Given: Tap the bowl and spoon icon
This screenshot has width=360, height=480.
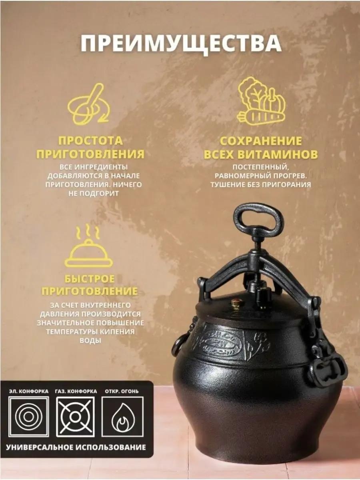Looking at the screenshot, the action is pyautogui.click(x=89, y=104).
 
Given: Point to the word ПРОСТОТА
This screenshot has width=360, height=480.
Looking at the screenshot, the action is pyautogui.click(x=90, y=141).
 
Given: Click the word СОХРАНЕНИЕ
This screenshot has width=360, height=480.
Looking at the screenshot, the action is pyautogui.click(x=260, y=141).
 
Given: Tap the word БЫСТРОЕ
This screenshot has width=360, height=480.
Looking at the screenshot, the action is pyautogui.click(x=90, y=279).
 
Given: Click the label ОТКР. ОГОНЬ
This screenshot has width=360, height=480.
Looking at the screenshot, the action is pyautogui.click(x=122, y=391).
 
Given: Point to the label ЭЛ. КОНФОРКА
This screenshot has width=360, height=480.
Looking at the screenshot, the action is pyautogui.click(x=29, y=391).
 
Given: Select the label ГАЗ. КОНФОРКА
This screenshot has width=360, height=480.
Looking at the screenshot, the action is pyautogui.click(x=76, y=391).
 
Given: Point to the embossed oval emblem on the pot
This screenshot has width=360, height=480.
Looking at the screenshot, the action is pyautogui.click(x=222, y=348).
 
